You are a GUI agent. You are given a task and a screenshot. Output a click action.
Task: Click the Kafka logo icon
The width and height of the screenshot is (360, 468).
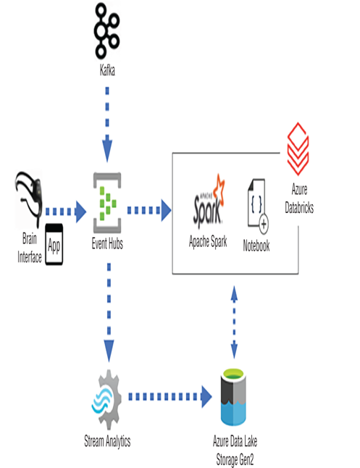106,30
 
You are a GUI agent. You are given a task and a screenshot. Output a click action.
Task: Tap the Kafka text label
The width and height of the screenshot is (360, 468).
107,71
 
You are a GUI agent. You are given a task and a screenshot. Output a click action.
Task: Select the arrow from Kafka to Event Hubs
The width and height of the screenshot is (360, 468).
107,124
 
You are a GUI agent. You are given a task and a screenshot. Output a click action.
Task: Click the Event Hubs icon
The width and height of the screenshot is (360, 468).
107,203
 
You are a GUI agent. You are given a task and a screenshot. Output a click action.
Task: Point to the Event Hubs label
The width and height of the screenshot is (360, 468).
107,244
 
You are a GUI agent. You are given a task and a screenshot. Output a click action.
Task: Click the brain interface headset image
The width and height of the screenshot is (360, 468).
29,199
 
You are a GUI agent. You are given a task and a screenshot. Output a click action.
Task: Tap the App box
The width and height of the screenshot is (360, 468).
54,244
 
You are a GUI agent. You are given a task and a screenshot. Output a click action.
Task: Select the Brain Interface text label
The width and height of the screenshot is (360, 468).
29,248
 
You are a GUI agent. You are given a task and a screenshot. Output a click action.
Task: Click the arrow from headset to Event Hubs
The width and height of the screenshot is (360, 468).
66,212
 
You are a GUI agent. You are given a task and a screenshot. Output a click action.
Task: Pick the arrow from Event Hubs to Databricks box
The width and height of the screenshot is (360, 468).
149,210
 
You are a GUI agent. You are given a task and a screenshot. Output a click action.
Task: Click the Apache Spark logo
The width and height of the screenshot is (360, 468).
209,199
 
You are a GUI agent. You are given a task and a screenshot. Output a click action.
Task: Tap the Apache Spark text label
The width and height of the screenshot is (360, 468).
208,241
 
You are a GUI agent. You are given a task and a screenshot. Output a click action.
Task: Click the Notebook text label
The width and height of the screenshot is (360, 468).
256,246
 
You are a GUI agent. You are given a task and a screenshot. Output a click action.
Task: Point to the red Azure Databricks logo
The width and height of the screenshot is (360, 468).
298,149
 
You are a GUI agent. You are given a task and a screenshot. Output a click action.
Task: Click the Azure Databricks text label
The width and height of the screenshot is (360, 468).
299,199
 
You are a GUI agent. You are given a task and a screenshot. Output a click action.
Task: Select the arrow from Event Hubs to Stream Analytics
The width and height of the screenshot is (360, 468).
109,312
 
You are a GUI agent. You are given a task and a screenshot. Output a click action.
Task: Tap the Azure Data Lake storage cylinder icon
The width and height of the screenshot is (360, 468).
233,397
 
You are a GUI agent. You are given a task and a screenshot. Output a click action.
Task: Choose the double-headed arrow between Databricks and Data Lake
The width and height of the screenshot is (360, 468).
235,322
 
